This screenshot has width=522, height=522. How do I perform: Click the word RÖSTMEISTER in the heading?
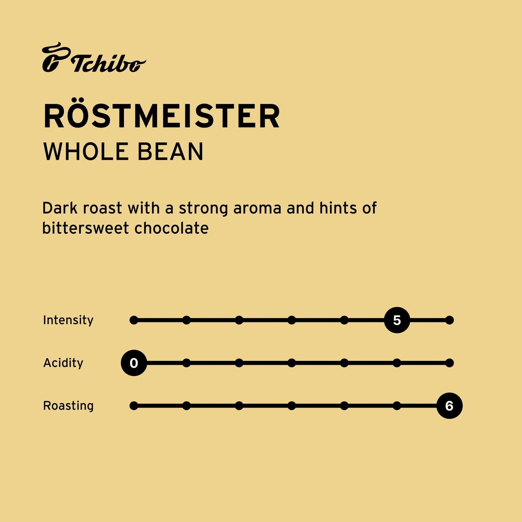pos(161,116)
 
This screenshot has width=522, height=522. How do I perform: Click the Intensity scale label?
pos(68,320)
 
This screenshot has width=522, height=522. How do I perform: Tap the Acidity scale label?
pos(63,363)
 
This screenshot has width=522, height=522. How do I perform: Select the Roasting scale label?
pos(68,406)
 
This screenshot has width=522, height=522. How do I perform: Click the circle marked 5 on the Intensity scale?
pos(397,320)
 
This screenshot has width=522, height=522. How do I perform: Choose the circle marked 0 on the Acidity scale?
pos(134,363)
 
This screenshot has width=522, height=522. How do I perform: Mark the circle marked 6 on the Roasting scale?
pos(449,406)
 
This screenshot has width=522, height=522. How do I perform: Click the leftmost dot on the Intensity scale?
pos(134,320)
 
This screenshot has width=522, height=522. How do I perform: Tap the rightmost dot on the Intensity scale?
pos(449,320)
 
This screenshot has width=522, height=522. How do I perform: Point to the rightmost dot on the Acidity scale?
pos(449,363)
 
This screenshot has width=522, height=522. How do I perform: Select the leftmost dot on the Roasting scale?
pos(134,406)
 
